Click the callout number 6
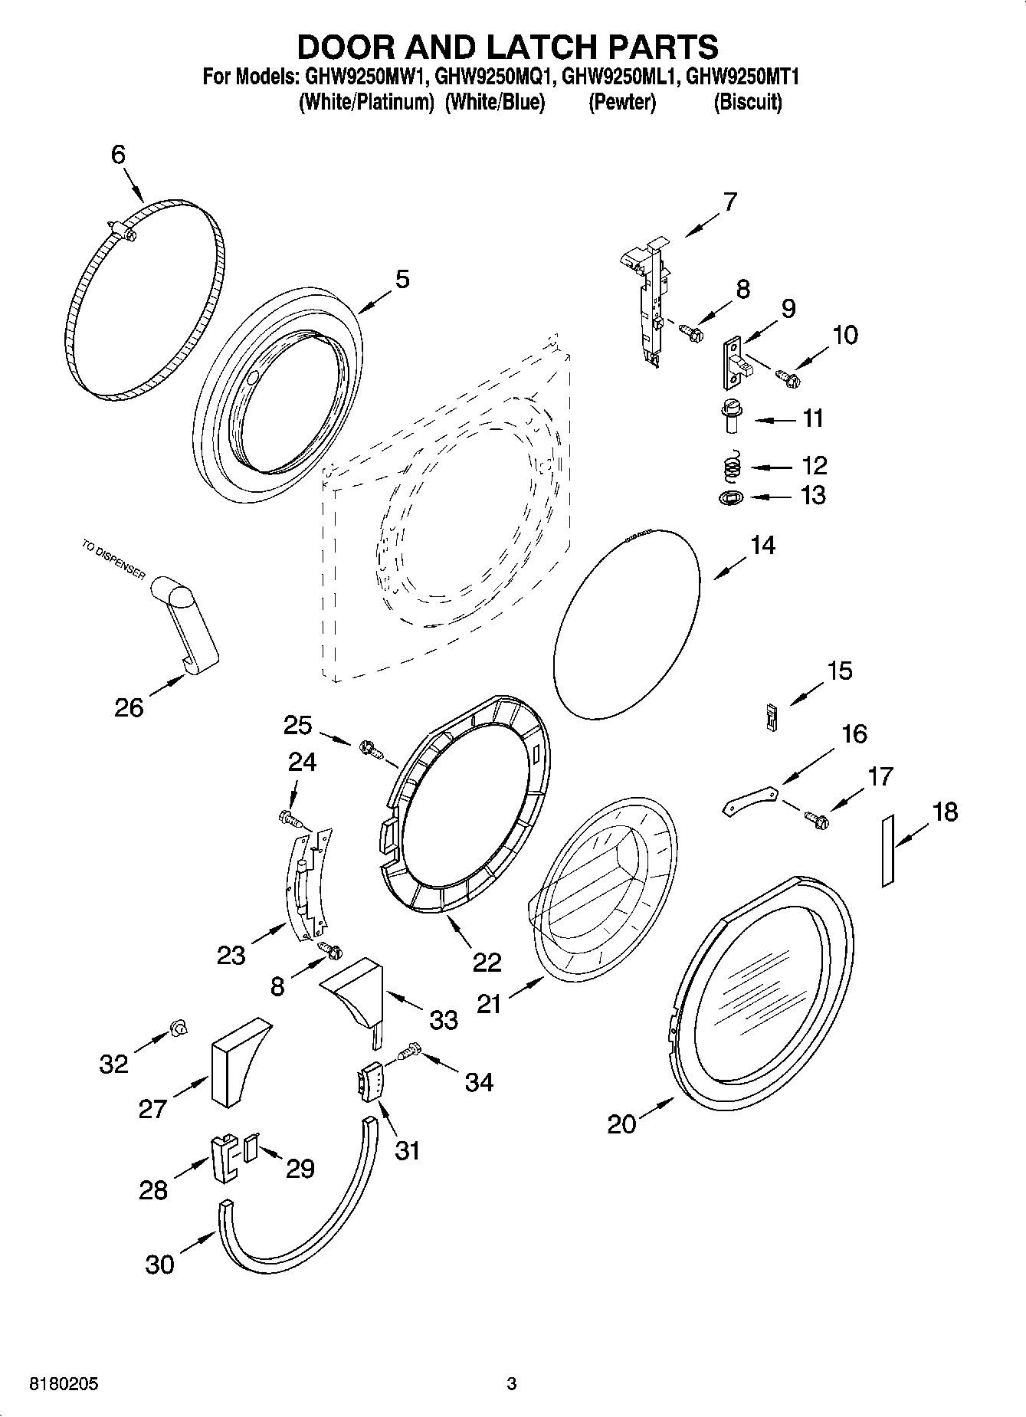118,155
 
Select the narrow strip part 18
888,851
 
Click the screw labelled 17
816,819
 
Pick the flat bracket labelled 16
751,799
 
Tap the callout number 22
487,962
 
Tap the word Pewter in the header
621,103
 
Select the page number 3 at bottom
512,1384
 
